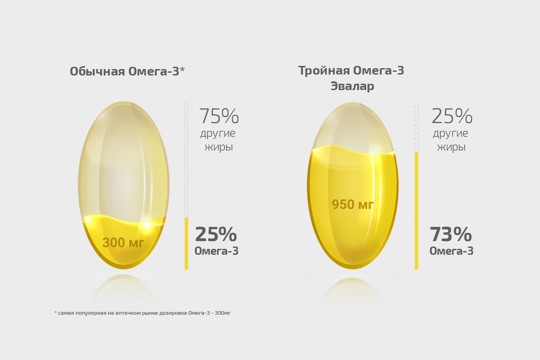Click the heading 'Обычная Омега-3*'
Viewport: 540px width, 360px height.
(127, 72)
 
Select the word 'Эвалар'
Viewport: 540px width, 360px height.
(352, 86)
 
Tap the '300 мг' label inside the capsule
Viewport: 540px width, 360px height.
(123, 243)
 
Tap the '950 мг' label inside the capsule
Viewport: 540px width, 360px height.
(353, 204)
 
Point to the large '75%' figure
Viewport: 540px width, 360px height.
(219, 117)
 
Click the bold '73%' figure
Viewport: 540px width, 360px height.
(450, 235)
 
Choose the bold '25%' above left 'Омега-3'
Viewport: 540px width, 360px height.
(215, 235)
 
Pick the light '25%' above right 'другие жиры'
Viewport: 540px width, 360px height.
(452, 117)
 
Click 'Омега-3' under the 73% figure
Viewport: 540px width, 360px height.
(451, 251)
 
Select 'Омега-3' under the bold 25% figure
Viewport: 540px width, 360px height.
(216, 251)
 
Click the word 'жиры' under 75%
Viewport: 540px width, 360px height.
(219, 147)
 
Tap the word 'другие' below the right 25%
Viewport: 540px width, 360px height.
(450, 134)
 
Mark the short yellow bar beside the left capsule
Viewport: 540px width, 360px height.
(186, 243)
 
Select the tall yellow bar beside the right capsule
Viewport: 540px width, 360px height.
(416, 210)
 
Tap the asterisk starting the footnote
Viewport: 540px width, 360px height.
(55, 312)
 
